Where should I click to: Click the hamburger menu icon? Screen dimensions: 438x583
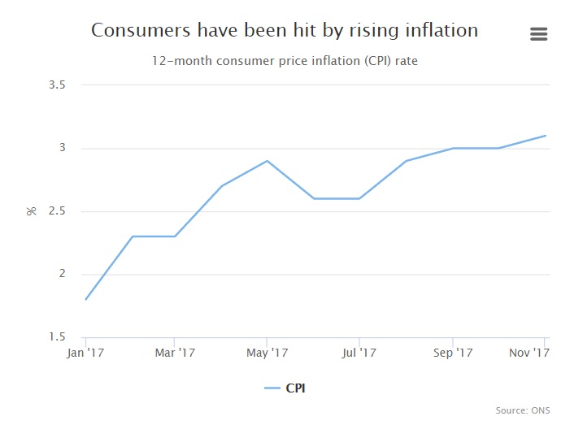point(538,33)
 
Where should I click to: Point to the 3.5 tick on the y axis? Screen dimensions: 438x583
point(57,85)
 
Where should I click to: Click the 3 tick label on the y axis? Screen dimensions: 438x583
point(62,148)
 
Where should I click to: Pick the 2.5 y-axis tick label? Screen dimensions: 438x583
point(57,211)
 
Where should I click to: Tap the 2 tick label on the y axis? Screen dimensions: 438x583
point(62,274)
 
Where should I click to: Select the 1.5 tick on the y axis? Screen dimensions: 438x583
point(57,337)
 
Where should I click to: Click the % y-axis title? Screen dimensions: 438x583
point(33,210)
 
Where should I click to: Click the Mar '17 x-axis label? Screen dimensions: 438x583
point(175,353)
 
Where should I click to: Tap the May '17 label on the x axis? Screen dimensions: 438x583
point(267,353)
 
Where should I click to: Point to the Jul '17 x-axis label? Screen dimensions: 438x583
point(359,353)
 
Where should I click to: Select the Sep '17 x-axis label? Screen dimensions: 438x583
point(453,353)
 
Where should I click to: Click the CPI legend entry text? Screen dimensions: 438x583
point(296,388)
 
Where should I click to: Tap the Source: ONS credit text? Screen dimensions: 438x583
point(522,410)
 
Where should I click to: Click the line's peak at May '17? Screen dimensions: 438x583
point(267,161)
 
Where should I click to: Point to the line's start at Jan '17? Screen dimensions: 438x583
point(85,299)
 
